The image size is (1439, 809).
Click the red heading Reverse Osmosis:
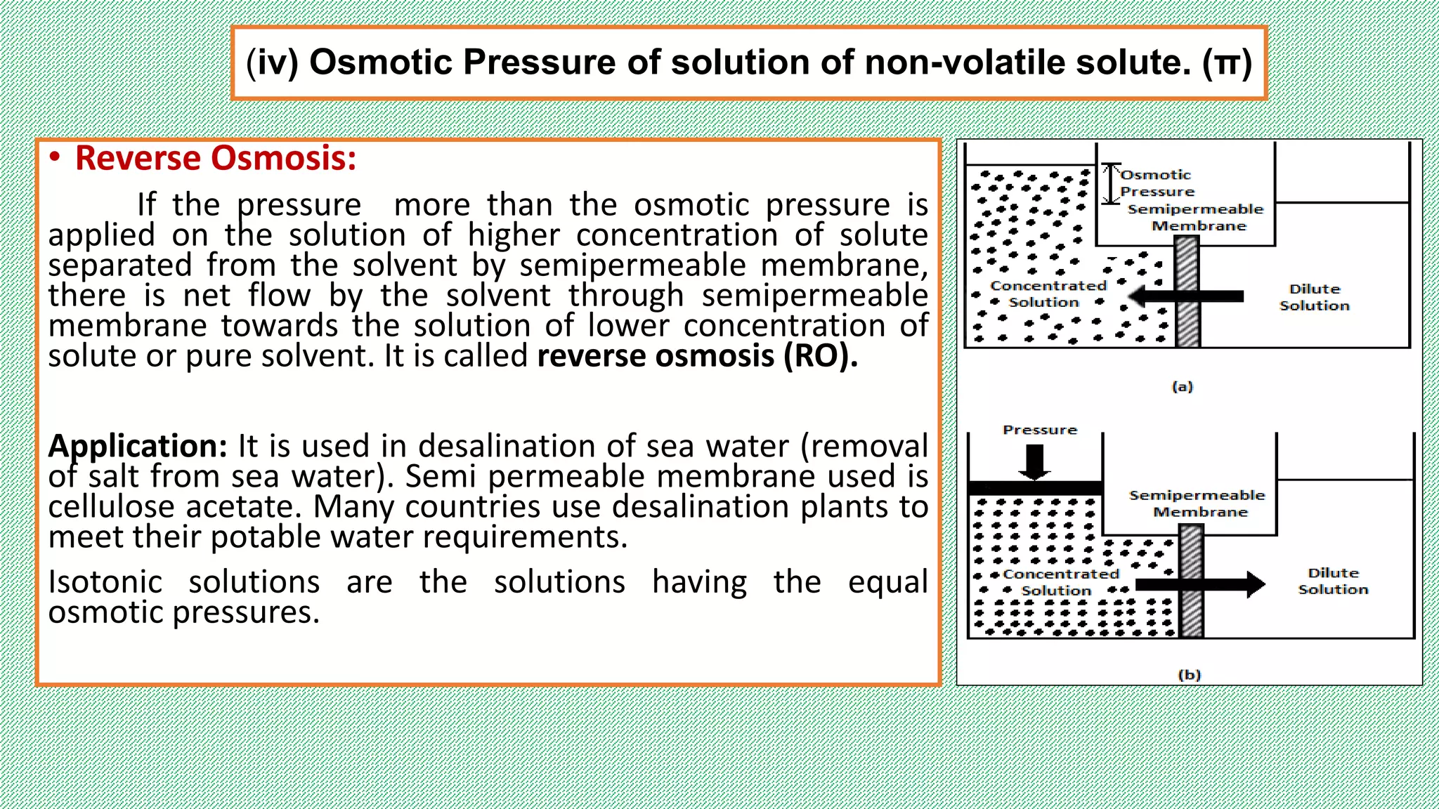click(215, 159)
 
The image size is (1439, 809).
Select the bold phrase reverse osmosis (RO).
click(697, 356)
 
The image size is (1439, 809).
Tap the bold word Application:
click(137, 447)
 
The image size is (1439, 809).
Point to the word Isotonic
click(105, 582)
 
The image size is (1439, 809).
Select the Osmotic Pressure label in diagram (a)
click(1156, 183)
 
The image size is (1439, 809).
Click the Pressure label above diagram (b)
click(1040, 430)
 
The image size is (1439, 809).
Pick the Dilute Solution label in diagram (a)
click(1315, 297)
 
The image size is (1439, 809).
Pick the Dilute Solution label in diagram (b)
click(1333, 581)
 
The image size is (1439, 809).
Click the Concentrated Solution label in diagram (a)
click(1047, 294)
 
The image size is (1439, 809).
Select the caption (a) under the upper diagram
click(1183, 386)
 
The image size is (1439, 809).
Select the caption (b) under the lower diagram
click(1190, 674)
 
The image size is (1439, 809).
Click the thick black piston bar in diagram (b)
click(1035, 488)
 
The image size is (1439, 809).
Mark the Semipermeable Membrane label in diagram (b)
click(1197, 504)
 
